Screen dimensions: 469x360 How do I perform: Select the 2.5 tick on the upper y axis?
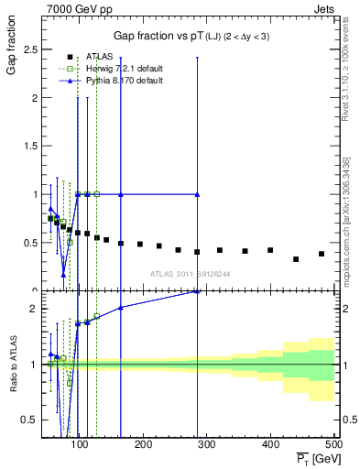(36, 49)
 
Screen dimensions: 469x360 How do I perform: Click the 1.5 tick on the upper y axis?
(36, 147)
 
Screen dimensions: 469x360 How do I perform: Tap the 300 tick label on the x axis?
(206, 445)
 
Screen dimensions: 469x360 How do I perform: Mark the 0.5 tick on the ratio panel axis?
(36, 420)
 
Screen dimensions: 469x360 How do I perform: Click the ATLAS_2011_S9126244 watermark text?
(191, 273)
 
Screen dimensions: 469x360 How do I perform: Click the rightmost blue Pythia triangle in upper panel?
(197, 194)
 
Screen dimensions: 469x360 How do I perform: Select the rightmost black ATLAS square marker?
(321, 254)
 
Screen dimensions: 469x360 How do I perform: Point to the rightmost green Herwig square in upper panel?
(96, 194)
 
